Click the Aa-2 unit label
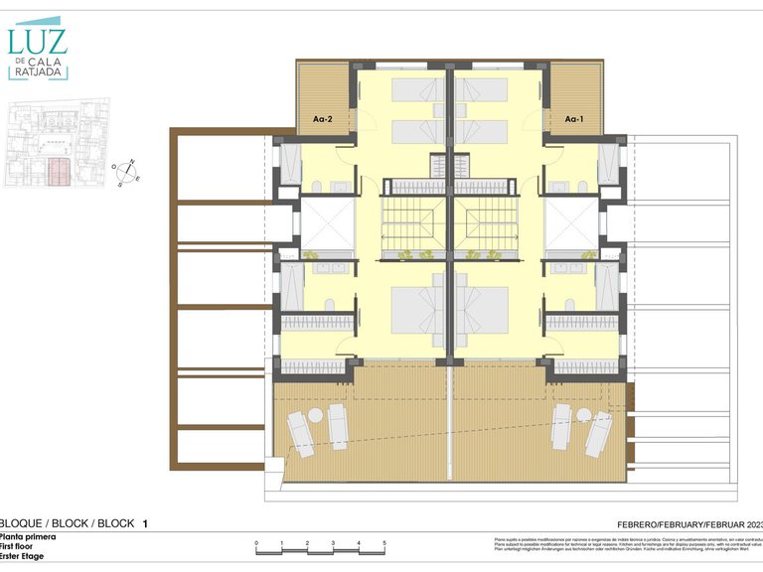click(322, 119)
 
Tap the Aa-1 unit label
click(573, 119)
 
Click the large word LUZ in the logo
click(38, 41)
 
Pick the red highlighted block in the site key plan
click(61, 171)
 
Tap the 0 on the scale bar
click(256, 543)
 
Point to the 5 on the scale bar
click(384, 543)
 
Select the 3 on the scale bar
click(333, 543)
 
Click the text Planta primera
click(28, 536)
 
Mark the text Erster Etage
click(25, 557)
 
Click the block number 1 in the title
click(145, 522)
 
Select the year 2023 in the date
click(752, 523)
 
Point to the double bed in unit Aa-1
click(482, 311)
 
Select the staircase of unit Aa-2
click(415, 223)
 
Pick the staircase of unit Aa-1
click(484, 223)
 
